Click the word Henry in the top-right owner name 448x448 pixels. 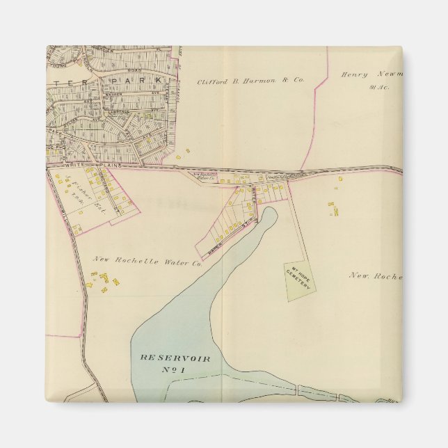click(x=353, y=74)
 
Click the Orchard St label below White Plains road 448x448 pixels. click(x=102, y=188)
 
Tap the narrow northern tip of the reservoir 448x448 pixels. click(x=271, y=214)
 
